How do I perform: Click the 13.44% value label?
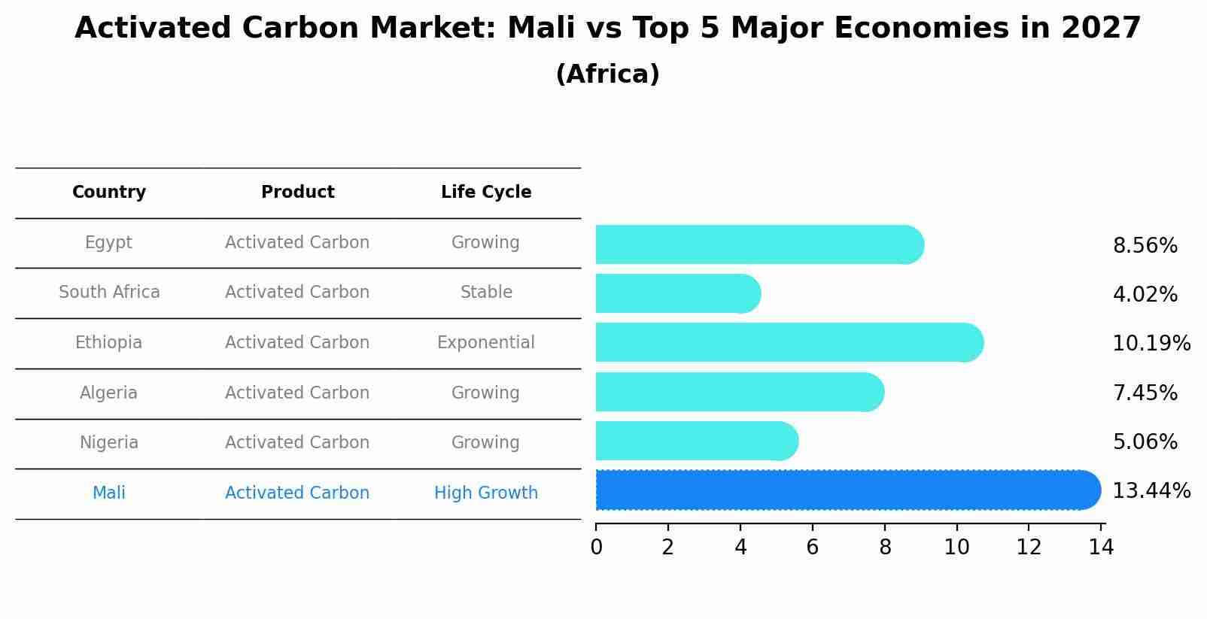point(1151,491)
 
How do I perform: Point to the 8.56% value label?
point(1145,246)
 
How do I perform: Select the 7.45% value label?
point(1145,393)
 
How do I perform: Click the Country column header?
point(109,193)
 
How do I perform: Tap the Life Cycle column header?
point(486,193)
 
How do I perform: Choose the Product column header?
point(297,193)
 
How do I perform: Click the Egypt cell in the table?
point(108,243)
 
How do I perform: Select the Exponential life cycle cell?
point(486,343)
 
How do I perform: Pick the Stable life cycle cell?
point(486,293)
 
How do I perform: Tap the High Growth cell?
point(486,493)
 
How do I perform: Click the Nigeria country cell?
point(109,443)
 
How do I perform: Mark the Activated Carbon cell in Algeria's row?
point(297,393)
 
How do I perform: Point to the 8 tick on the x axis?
point(885,547)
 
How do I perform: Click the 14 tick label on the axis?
point(1101,547)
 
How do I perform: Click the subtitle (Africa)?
point(607,74)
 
